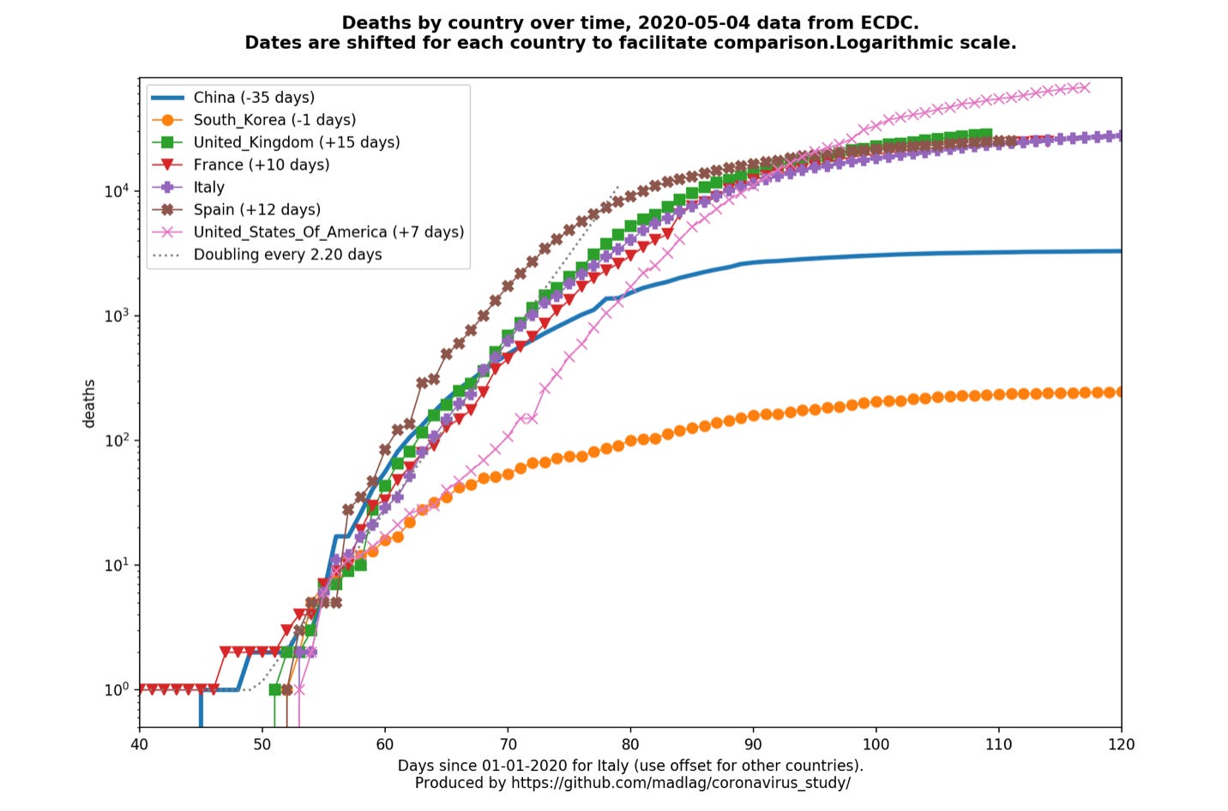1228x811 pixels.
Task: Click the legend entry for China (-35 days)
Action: point(254,98)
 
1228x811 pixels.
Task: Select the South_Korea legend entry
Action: point(274,120)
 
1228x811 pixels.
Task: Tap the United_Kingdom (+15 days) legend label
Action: point(297,142)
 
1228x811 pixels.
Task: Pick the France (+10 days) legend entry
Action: point(262,165)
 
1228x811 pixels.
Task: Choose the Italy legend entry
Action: point(209,187)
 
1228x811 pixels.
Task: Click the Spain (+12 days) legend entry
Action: point(257,209)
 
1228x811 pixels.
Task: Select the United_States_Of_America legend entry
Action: point(328,231)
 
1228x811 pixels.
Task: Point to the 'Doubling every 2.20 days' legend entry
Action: point(288,255)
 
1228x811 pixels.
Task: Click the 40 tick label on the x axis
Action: point(140,744)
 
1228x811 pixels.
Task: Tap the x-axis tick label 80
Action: point(630,744)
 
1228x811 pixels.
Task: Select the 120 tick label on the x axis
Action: point(1121,744)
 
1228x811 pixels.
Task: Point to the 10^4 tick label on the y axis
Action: point(117,190)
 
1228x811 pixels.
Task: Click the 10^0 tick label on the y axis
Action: point(117,689)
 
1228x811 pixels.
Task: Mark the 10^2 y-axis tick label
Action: point(117,440)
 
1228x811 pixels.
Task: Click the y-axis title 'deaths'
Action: point(89,403)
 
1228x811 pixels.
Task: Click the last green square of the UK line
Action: point(986,135)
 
